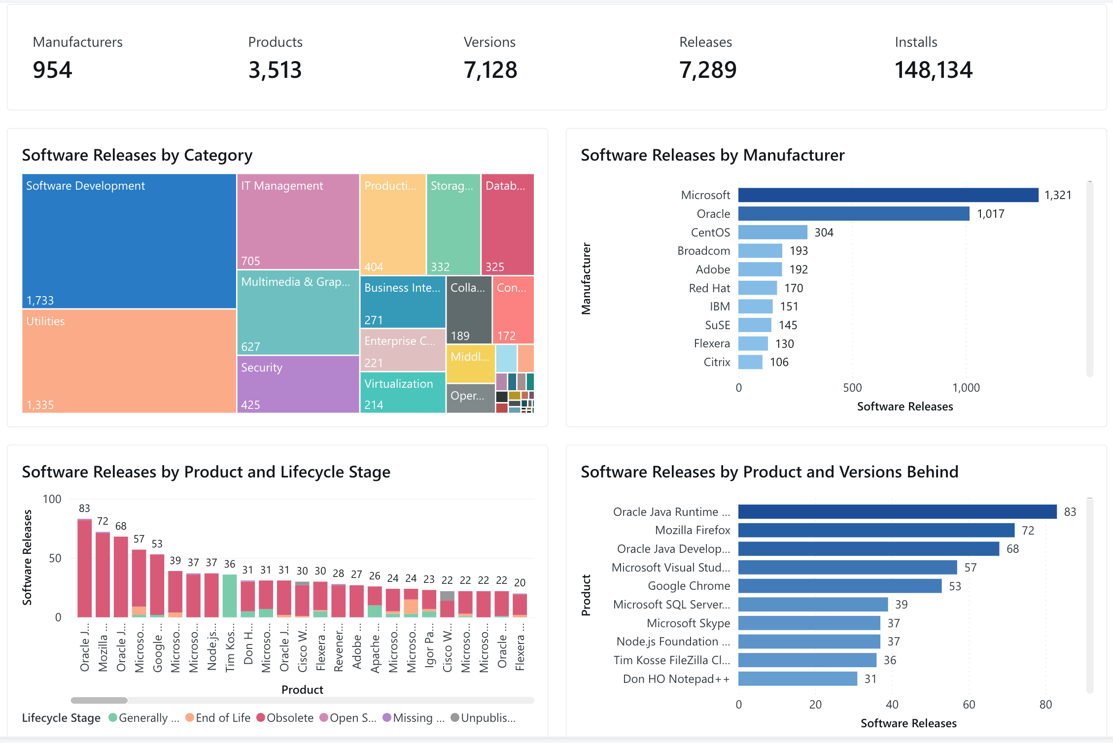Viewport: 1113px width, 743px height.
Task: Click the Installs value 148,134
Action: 933,70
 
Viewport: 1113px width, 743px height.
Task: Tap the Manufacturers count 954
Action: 52,70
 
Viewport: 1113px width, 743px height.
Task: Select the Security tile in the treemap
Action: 298,384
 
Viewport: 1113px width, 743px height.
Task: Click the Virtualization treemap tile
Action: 402,393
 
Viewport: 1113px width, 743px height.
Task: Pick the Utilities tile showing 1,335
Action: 129,361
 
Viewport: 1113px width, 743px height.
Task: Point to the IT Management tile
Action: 298,222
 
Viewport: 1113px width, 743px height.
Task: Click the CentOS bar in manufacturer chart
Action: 772,232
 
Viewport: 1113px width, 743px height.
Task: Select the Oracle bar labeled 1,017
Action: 853,214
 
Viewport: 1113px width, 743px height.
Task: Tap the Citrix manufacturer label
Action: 717,362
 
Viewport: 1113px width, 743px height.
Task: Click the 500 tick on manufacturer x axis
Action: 852,388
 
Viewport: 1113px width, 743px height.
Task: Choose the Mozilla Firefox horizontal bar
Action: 876,530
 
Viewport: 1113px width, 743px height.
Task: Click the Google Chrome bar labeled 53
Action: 839,586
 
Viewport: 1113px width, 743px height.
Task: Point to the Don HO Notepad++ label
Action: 676,679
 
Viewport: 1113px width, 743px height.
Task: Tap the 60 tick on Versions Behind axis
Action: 969,705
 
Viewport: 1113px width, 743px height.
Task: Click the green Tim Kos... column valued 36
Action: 230,596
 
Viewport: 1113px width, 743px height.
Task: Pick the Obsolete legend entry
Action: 285,718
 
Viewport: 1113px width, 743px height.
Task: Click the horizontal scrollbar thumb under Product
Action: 99,700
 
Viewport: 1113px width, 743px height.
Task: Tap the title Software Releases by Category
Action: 137,155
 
